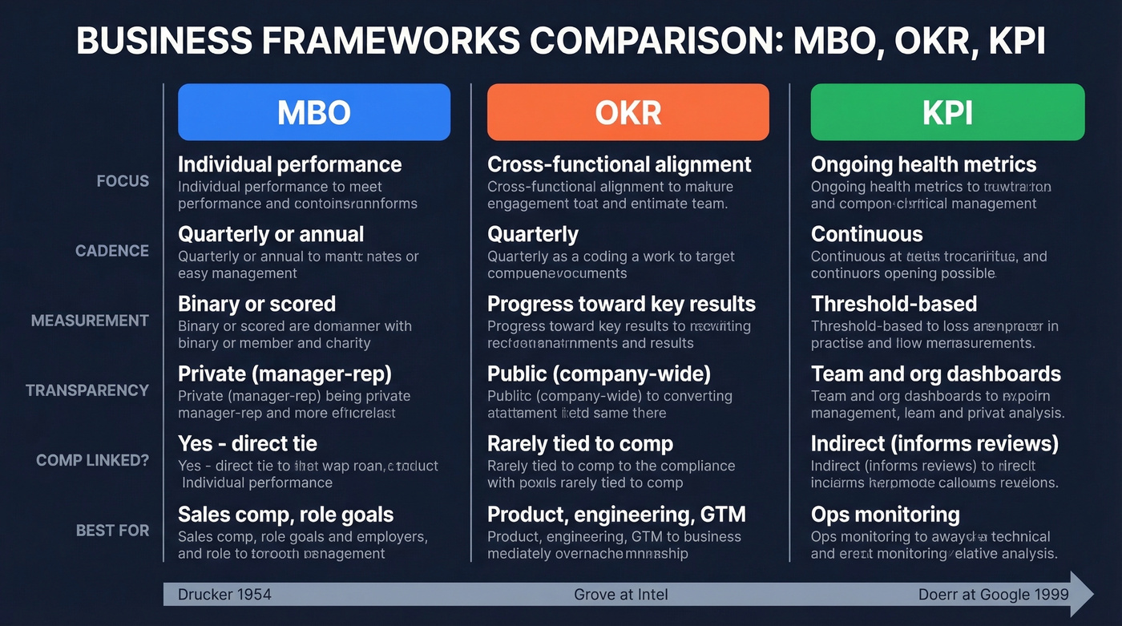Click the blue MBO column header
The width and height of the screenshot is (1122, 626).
[x=313, y=112]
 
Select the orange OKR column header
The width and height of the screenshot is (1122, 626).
[x=628, y=112]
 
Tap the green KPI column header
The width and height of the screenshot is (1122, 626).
[x=947, y=112]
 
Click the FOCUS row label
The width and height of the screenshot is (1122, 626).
[x=123, y=181]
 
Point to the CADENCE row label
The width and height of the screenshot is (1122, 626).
[x=112, y=251]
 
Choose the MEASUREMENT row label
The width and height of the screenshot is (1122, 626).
[x=90, y=321]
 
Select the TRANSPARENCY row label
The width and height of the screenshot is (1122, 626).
[x=87, y=390]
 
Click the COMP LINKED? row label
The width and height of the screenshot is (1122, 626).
[x=93, y=461]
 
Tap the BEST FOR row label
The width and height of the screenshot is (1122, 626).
[x=112, y=531]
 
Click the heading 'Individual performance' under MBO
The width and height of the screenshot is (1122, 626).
[x=289, y=164]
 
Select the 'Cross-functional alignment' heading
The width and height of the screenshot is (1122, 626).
[x=619, y=164]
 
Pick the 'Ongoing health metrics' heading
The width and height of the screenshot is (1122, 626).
[x=923, y=164]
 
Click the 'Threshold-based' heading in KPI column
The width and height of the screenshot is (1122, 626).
[x=894, y=304]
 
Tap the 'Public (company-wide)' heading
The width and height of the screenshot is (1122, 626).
[x=599, y=374]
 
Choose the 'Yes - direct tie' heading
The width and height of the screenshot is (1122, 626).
[x=247, y=443]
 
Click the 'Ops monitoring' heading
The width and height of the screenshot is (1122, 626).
[x=885, y=514]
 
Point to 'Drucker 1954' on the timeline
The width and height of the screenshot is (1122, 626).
[x=224, y=594]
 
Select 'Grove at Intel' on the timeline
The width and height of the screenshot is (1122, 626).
[x=620, y=594]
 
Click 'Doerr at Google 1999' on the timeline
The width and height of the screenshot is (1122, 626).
[x=993, y=594]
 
